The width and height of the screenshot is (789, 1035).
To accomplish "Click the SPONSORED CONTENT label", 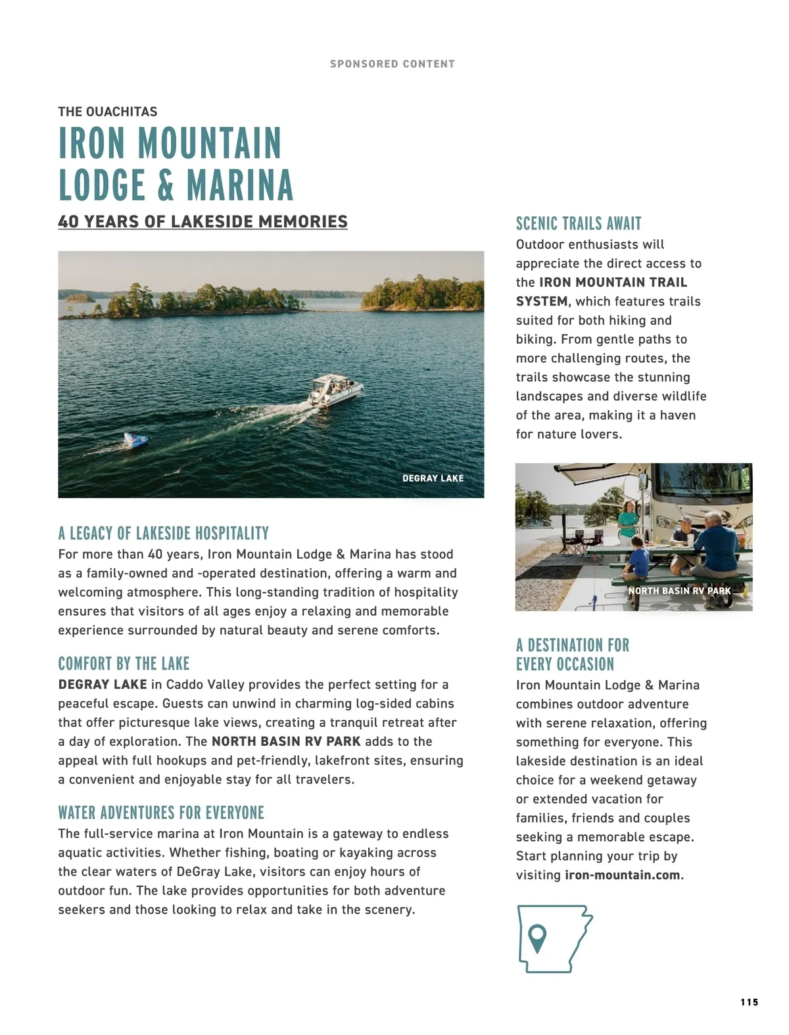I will tap(392, 64).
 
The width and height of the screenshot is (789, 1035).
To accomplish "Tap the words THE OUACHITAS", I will tap(108, 112).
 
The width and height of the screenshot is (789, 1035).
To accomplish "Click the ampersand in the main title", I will tap(166, 185).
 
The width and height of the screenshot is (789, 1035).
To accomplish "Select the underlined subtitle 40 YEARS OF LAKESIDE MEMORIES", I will tap(203, 222).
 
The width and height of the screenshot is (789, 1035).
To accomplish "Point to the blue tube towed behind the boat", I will tap(137, 440).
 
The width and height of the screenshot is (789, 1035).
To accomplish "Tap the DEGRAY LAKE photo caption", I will tap(433, 478).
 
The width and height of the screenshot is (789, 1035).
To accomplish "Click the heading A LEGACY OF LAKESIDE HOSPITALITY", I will tap(163, 533).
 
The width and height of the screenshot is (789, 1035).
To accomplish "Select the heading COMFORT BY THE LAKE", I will tap(124, 663).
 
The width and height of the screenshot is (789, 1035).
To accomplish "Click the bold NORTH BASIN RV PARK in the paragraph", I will tap(286, 741).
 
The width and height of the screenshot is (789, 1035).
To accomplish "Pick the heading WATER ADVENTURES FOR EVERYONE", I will tap(161, 813).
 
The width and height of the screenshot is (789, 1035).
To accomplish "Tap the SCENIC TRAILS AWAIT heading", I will tap(579, 223).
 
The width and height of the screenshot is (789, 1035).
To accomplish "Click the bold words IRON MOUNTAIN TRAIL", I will tap(613, 283).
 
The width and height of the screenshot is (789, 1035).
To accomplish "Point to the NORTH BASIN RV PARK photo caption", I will tap(679, 591).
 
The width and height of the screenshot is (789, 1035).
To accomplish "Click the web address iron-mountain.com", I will tap(622, 875).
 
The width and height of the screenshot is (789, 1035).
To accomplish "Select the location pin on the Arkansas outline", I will tap(537, 937).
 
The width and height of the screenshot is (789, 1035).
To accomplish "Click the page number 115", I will tap(749, 1002).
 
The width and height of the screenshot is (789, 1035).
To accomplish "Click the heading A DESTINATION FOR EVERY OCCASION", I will tap(572, 655).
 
